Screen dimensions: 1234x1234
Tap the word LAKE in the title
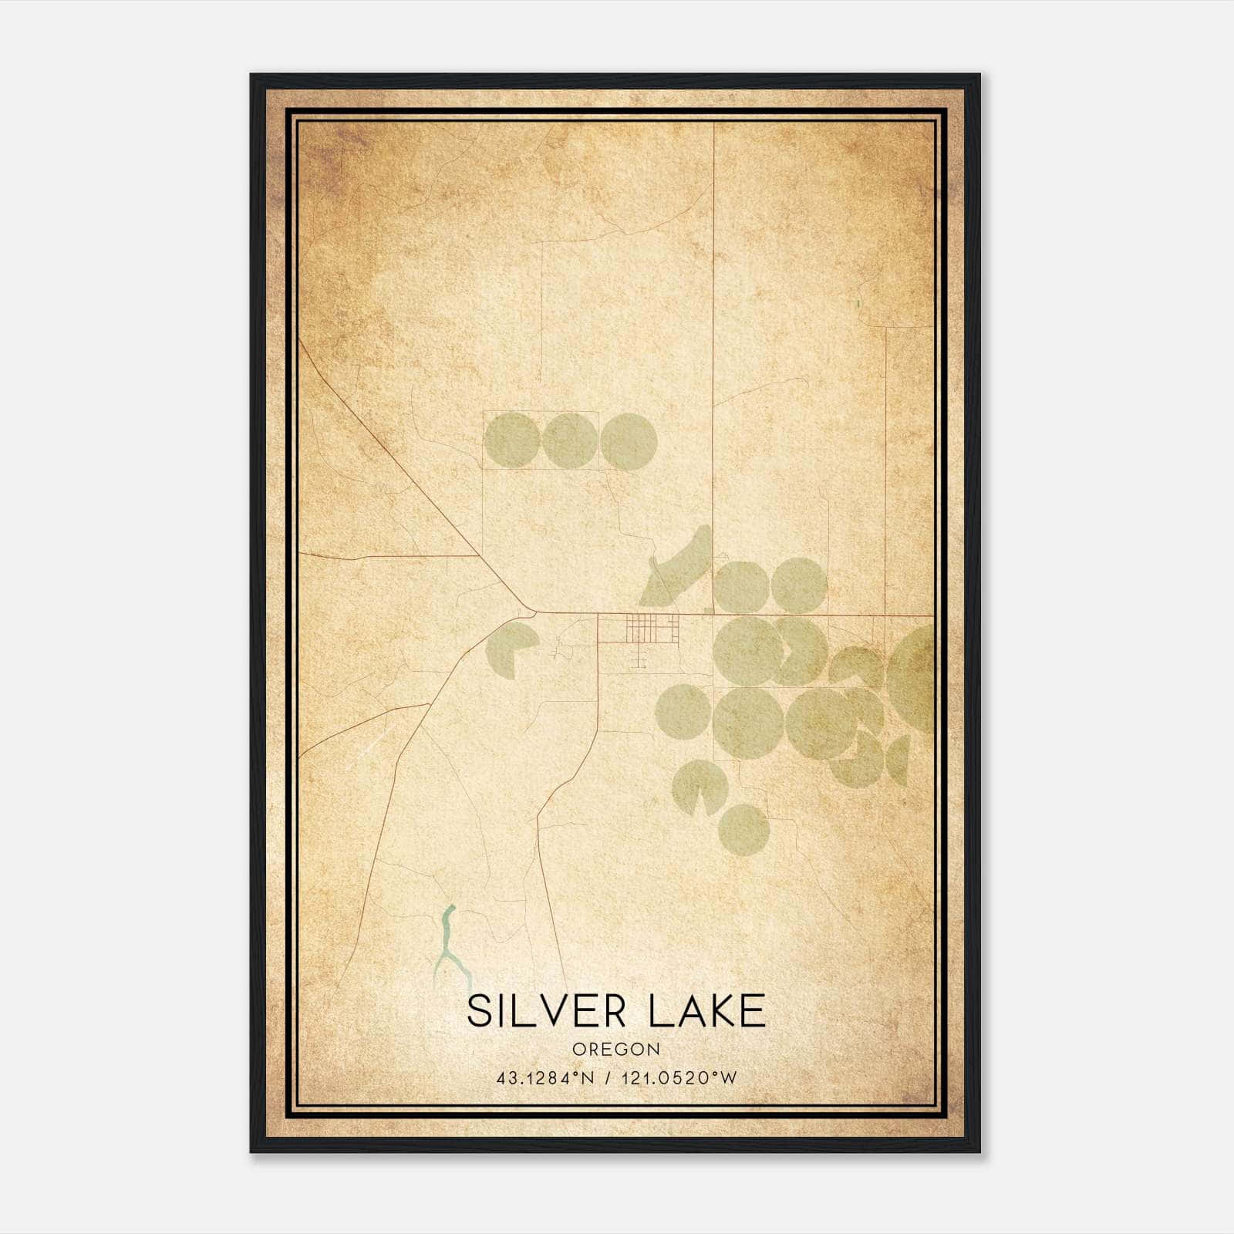pyautogui.click(x=706, y=1011)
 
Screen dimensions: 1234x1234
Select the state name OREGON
pyautogui.click(x=616, y=1049)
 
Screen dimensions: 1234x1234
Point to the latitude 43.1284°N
pyautogui.click(x=545, y=1078)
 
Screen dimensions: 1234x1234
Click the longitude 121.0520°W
pyautogui.click(x=683, y=1078)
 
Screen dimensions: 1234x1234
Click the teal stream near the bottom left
pyautogui.click(x=447, y=945)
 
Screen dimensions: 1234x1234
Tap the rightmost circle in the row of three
pyautogui.click(x=629, y=441)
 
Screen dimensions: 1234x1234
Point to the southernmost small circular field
pyautogui.click(x=743, y=830)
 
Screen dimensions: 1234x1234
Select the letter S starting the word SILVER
pyautogui.click(x=479, y=1011)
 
